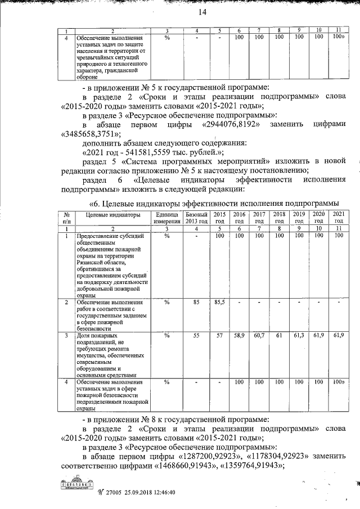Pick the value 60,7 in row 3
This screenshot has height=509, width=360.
[x=259, y=335]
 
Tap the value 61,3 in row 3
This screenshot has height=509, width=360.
[x=299, y=335]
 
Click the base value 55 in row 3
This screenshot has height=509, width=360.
[x=196, y=335]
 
